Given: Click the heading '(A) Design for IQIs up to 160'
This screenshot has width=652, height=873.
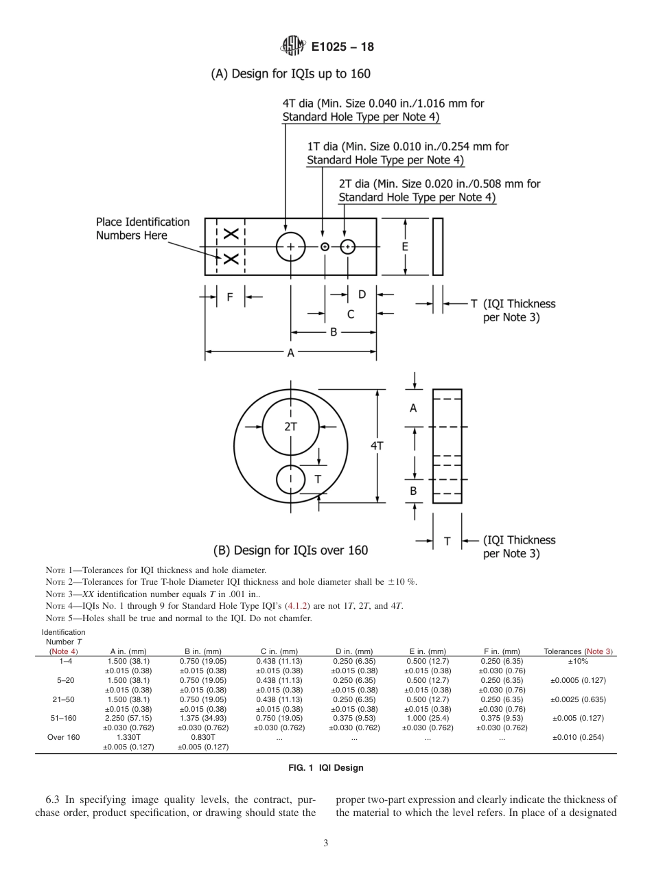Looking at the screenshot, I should [290, 73].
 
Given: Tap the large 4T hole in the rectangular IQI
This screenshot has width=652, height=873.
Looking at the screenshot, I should [290, 246].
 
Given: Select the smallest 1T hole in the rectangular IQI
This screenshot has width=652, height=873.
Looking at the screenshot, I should [325, 246].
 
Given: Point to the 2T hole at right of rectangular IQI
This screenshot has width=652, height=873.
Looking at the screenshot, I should [348, 246].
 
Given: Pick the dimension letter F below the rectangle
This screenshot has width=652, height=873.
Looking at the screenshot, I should [230, 296].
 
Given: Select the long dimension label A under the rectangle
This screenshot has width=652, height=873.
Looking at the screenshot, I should [290, 353].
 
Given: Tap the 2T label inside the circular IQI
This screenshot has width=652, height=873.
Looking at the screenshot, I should [290, 426].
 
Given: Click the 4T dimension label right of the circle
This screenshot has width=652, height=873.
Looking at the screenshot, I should [377, 445].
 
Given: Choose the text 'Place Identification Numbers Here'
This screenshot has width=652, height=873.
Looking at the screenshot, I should [142, 229].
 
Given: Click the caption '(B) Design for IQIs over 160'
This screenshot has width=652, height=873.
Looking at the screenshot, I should [290, 550].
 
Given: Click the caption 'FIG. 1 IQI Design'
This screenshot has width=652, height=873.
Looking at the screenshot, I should [325, 767].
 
